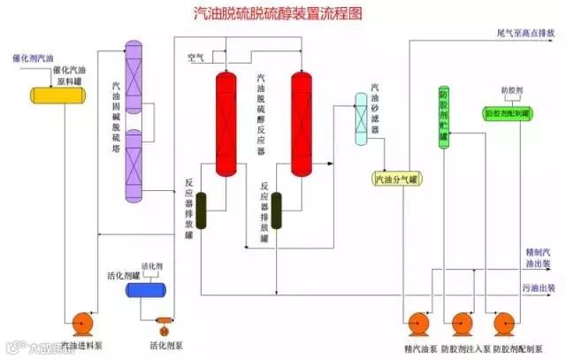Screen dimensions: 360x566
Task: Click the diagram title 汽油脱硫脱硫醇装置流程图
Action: [283, 15]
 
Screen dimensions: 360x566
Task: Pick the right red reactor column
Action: [302, 125]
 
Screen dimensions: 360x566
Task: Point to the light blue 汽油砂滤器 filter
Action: [362, 119]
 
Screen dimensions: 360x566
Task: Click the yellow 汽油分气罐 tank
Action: [399, 180]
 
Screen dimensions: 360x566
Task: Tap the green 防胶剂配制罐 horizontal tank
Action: [507, 113]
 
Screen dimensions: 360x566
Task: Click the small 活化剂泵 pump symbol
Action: [164, 322]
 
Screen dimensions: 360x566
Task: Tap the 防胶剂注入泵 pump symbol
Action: [462, 325]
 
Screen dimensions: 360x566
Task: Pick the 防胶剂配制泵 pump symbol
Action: [507, 325]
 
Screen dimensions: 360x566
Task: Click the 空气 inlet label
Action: [195, 58]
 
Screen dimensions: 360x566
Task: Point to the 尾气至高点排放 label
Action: [526, 33]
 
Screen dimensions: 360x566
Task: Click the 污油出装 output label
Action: [538, 288]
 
